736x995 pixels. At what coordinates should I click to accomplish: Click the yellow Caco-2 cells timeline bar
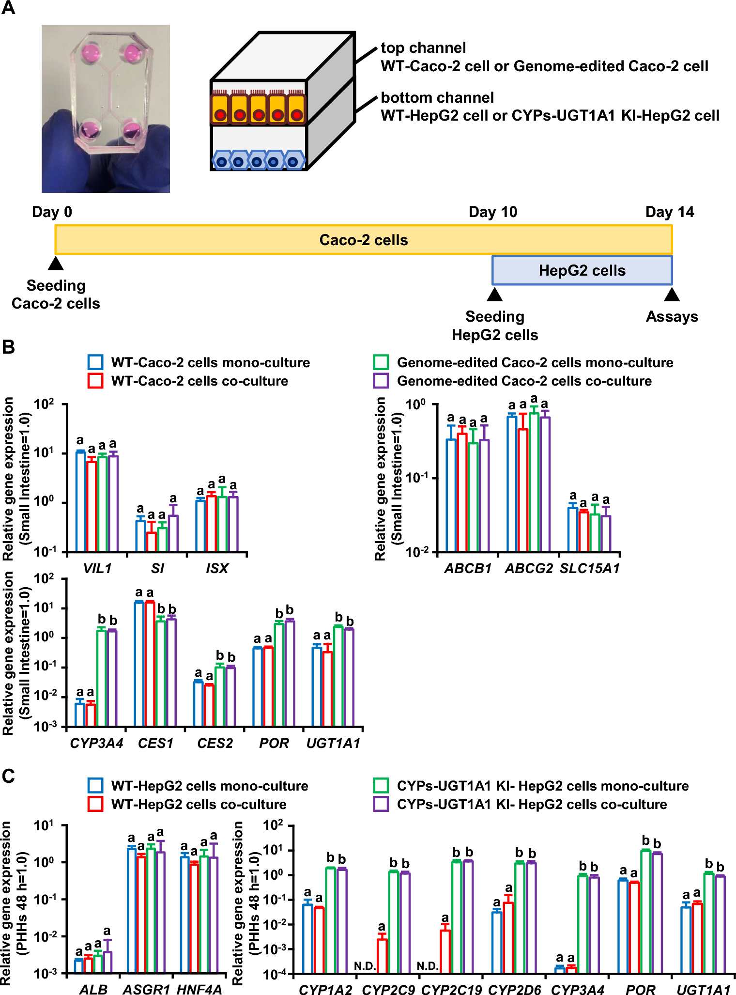[x=363, y=240]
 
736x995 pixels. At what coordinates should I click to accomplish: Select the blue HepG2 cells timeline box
[x=582, y=270]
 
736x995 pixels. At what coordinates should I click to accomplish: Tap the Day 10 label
[x=492, y=212]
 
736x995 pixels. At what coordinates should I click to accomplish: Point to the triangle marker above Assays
[x=672, y=295]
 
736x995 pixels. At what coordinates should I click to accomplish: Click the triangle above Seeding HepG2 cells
[x=494, y=295]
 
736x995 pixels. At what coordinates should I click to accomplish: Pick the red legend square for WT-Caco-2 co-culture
[x=95, y=381]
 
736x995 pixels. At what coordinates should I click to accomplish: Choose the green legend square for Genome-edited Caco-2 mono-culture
[x=381, y=362]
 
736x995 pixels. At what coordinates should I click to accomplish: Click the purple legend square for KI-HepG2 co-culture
[x=381, y=804]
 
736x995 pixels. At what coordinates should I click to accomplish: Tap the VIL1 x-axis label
[x=97, y=568]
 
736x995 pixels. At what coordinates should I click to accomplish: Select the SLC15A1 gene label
[x=589, y=568]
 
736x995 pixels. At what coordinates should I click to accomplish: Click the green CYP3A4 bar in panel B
[x=101, y=678]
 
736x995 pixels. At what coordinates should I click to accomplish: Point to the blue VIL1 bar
[x=80, y=501]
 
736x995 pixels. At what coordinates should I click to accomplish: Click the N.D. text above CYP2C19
[x=428, y=966]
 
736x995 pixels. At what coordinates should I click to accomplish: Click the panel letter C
[x=8, y=776]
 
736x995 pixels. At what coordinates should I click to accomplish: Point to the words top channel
[x=423, y=47]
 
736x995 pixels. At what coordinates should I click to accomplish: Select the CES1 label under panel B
[x=155, y=743]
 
